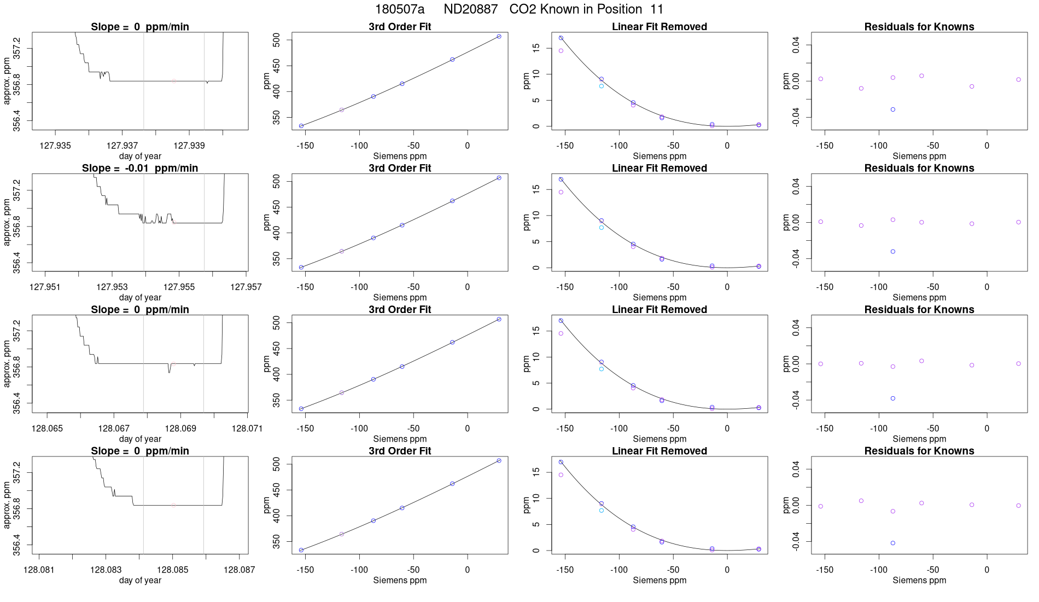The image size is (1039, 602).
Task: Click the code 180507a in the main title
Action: pos(399,9)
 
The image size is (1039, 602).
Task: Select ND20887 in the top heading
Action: pos(470,9)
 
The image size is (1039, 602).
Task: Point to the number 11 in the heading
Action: pos(657,9)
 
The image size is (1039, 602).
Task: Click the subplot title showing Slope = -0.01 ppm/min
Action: pos(140,168)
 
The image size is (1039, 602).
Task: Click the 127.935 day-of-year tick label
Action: pos(55,146)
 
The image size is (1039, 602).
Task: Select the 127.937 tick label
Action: pos(122,146)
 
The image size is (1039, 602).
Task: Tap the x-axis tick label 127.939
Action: pos(189,146)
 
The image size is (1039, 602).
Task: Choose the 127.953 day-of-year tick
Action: pos(112,287)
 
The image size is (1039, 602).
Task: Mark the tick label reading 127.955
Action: pos(179,287)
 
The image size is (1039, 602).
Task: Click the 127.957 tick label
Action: pos(246,287)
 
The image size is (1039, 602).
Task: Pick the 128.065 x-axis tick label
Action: pos(47,428)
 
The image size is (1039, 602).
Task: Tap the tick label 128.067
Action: pos(114,428)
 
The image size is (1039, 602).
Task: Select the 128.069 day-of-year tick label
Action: pos(180,428)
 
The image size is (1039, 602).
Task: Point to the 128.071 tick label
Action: pos(247,428)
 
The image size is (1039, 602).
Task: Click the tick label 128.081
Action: pos(39,570)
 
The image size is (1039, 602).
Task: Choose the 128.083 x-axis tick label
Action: pos(106,570)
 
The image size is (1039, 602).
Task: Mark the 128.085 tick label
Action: pos(173,570)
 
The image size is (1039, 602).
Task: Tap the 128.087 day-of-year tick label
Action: pos(240,570)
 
